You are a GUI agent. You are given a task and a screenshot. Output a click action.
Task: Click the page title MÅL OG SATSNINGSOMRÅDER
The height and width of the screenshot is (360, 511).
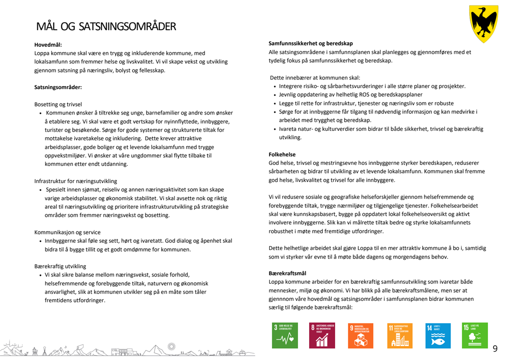(x=106, y=26)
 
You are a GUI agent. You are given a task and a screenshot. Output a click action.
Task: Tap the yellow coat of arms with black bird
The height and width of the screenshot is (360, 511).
(x=483, y=24)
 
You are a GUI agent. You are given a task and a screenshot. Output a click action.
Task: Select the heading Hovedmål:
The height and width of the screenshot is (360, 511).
(x=49, y=44)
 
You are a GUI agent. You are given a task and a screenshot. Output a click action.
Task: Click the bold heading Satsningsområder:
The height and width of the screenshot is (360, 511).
(x=58, y=87)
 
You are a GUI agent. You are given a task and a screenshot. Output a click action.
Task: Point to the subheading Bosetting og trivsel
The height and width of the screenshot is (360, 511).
(x=58, y=104)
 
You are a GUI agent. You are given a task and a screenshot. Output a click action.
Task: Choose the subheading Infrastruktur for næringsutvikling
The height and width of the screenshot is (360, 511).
(x=76, y=181)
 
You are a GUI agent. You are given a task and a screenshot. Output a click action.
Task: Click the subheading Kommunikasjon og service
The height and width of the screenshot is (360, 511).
(x=67, y=232)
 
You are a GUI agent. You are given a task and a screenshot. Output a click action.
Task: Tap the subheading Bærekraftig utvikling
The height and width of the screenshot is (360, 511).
(x=60, y=266)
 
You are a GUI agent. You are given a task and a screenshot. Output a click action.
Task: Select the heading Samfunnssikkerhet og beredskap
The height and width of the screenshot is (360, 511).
(x=311, y=43)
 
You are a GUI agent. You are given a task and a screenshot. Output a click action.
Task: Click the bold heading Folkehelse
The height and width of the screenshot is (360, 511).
(x=282, y=154)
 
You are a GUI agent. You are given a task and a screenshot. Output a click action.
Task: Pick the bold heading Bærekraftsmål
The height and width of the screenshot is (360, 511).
(x=287, y=273)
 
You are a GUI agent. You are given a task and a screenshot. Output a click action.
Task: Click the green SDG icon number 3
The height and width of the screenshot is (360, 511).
(x=285, y=335)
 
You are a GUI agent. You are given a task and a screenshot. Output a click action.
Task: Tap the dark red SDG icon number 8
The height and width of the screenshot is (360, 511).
(x=322, y=335)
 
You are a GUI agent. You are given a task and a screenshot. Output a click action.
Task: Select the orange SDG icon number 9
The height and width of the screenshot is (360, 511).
(x=360, y=335)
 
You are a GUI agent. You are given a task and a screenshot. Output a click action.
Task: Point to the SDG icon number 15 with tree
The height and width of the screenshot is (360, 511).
(x=475, y=335)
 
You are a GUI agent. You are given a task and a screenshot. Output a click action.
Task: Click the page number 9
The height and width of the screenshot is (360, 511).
(x=495, y=348)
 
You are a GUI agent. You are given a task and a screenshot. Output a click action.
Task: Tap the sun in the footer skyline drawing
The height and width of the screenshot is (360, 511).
(x=172, y=346)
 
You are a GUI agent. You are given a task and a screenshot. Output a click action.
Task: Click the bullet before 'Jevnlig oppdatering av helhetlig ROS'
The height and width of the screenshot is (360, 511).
(x=275, y=95)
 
